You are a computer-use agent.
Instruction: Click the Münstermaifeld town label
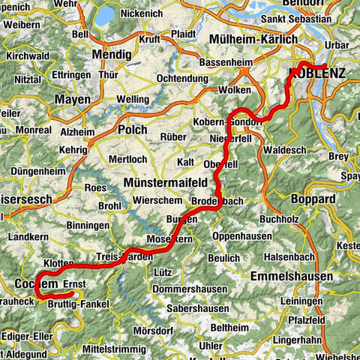[x=163, y=184]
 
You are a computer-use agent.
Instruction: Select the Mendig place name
[x=112, y=54]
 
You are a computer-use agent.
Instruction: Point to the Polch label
[x=133, y=129]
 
